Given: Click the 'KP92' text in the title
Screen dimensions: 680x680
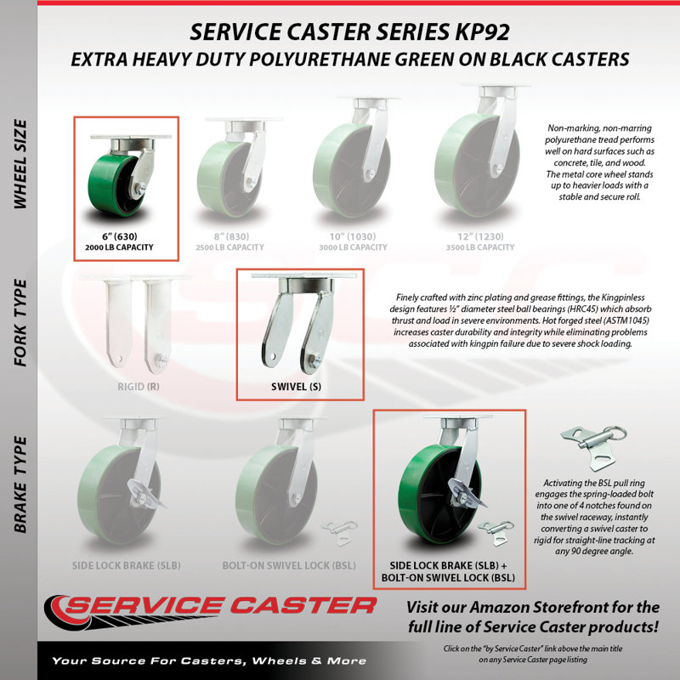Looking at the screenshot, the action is coord(482,32).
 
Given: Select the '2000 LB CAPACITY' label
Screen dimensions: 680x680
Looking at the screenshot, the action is coord(119,247).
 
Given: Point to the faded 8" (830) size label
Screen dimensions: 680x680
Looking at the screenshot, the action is coord(231,236).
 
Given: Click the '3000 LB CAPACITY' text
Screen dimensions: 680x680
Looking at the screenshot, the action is coord(353,247).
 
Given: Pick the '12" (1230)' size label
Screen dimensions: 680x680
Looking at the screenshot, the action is coord(480,236).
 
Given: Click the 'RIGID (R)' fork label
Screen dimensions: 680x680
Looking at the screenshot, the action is coord(139,387).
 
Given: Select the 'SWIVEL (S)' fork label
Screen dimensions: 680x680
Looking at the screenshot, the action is coord(296,387).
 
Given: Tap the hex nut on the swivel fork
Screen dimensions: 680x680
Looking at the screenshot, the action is coord(314,360).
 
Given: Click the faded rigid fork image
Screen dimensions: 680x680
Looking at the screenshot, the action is coord(137,324).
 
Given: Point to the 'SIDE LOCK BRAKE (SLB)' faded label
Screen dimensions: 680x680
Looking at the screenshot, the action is coord(126,565).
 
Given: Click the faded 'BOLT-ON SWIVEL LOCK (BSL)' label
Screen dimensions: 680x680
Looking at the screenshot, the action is coord(289,565).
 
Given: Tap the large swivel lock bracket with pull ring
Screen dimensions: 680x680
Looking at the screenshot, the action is coord(593,447).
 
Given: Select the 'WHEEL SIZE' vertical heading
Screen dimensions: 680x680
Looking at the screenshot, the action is coord(20,164).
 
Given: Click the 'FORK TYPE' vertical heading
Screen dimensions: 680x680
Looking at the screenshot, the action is coord(20,323).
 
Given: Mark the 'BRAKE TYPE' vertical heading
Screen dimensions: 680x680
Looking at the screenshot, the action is coord(20,484).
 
